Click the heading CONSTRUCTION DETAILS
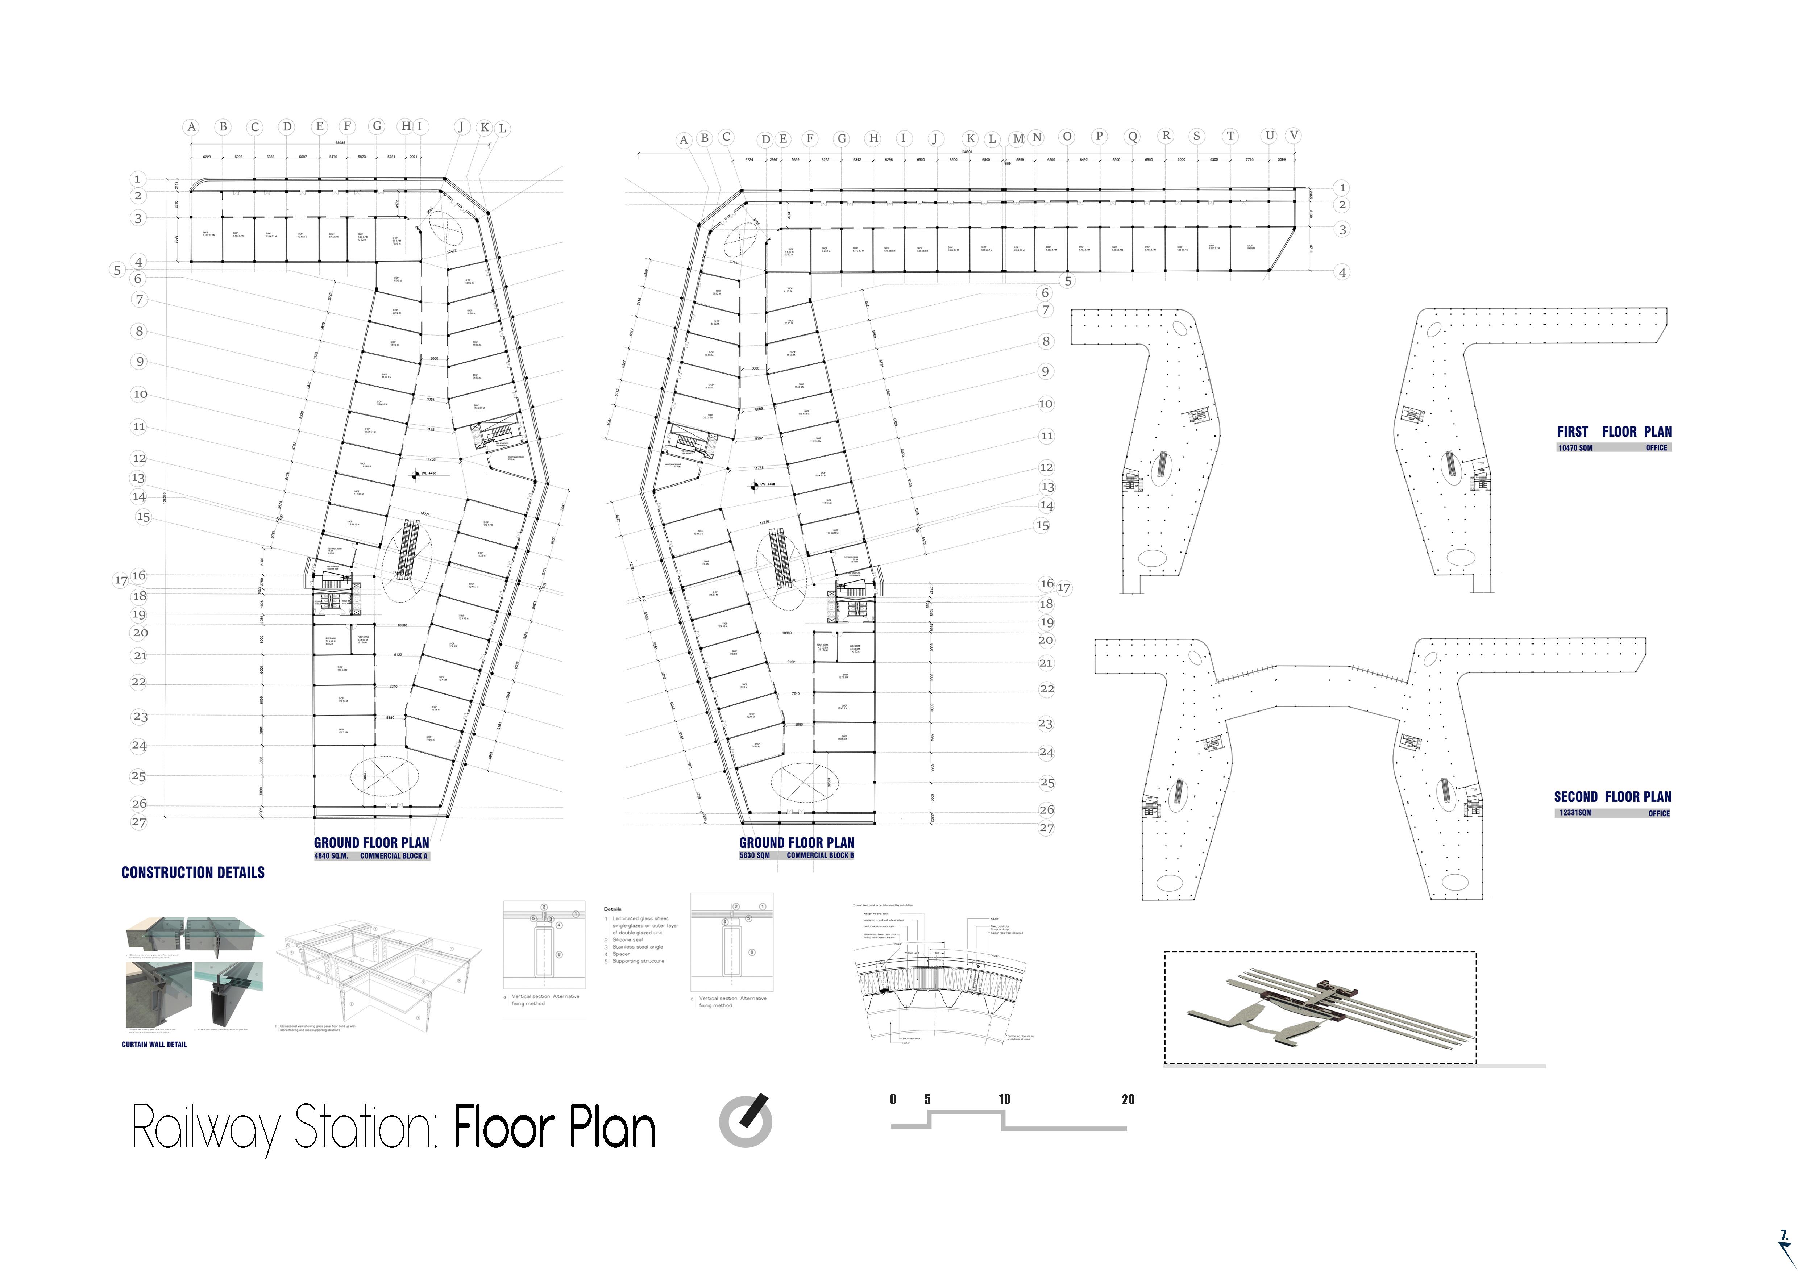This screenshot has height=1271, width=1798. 193,873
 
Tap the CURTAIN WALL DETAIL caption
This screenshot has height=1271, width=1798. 154,1044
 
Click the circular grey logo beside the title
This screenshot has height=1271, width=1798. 746,1121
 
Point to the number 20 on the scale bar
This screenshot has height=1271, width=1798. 1128,1100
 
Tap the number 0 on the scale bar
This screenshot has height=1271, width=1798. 893,1100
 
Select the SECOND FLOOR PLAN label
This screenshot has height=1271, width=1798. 1612,797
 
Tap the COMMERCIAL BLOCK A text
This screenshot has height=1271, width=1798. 394,856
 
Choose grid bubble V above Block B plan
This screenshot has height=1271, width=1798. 1294,136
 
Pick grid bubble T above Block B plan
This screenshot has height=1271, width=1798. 1230,136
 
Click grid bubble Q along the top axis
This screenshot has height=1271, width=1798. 1132,137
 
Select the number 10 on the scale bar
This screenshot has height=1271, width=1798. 1004,1100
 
